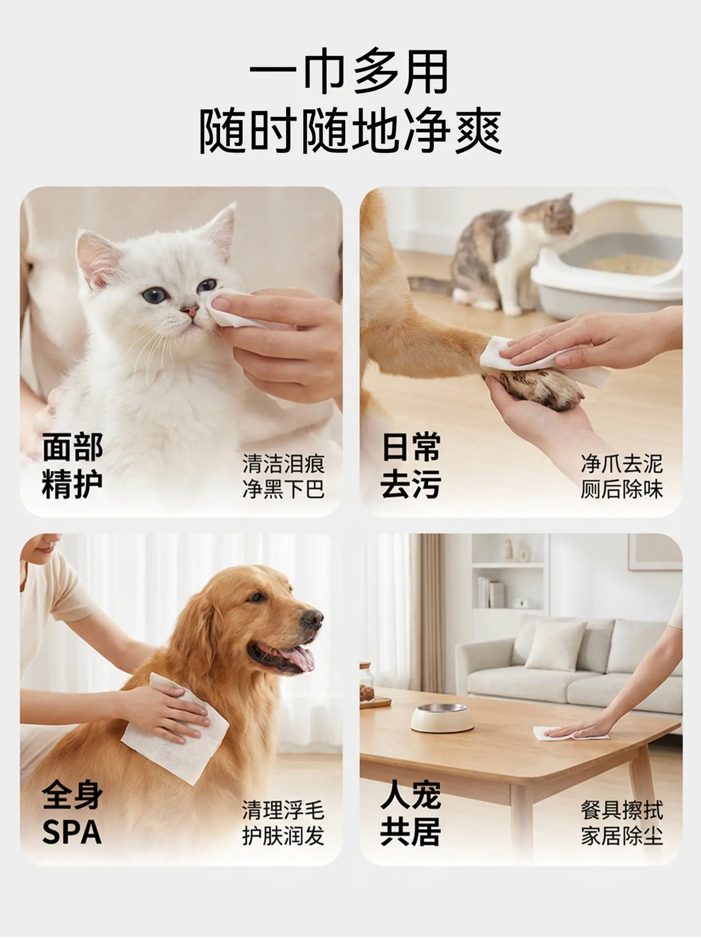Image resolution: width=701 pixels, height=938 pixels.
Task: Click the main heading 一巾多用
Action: [350, 72]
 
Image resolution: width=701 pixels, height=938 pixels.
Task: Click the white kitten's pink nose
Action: [190, 310]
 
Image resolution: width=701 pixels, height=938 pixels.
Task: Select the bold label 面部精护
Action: [72, 466]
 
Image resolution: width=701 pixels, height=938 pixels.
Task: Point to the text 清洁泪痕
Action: [284, 464]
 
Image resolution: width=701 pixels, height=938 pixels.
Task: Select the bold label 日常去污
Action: [411, 466]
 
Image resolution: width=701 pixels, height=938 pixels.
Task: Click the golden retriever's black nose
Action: [312, 619]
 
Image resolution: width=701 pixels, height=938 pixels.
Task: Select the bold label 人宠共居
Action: [411, 813]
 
